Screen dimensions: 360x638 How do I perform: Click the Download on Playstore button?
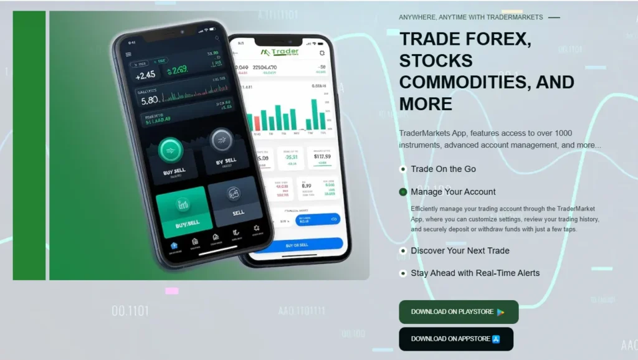(458, 312)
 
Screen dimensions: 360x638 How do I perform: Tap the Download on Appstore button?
(455, 339)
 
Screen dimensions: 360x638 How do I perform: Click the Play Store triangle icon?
(500, 312)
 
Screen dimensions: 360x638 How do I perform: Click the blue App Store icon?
(496, 339)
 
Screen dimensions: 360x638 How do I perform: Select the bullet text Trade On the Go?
(443, 169)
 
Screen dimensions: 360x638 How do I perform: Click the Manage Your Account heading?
(453, 192)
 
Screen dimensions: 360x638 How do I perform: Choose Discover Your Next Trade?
(460, 250)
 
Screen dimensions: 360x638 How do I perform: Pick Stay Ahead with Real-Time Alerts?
(475, 273)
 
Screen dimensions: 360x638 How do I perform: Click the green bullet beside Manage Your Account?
(403, 192)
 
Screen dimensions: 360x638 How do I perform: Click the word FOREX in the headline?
(497, 39)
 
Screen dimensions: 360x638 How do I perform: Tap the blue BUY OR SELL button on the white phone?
(297, 245)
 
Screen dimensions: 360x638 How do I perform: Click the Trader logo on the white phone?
(281, 52)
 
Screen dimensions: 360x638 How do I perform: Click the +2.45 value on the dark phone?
(145, 75)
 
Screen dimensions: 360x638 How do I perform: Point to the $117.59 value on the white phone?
(321, 156)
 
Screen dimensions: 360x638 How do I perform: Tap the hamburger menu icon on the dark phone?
(129, 55)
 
